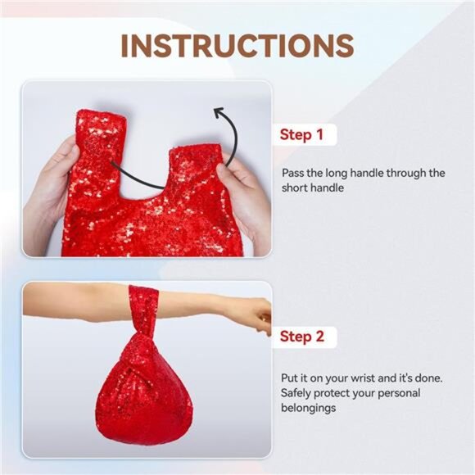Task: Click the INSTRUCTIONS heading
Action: click(237, 46)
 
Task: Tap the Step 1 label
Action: click(301, 134)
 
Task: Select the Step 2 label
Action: click(302, 337)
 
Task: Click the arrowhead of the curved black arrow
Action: click(219, 113)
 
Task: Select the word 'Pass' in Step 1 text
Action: click(293, 173)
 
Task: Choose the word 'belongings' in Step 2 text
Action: click(309, 408)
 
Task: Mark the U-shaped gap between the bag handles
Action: click(146, 170)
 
